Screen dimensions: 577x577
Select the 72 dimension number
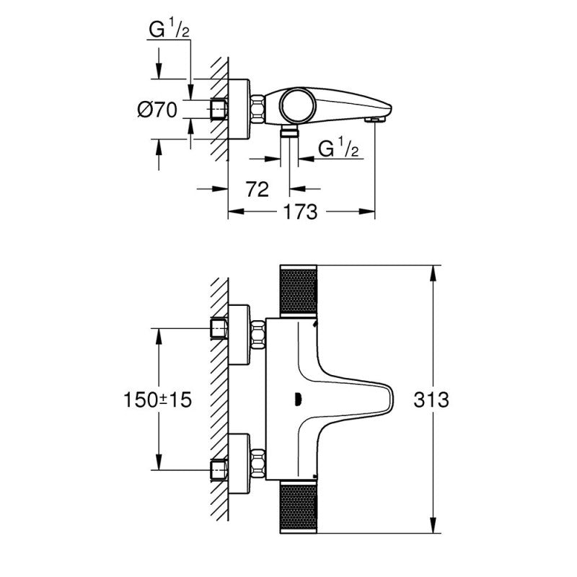(257, 190)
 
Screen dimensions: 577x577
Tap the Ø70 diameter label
(157, 110)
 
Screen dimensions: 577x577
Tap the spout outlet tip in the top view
(374, 120)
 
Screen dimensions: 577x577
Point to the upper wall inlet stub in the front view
(219, 329)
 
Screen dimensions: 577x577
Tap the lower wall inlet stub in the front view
(219, 470)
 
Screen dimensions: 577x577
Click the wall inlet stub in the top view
(219, 110)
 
